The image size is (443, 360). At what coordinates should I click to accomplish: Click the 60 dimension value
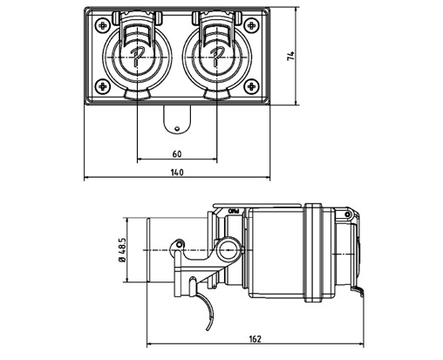pos(177,153)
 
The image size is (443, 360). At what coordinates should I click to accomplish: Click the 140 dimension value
pos(177,173)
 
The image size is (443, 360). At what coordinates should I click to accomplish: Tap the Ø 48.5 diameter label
pos(122,250)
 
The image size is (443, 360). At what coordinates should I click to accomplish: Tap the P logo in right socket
pos(215,58)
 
